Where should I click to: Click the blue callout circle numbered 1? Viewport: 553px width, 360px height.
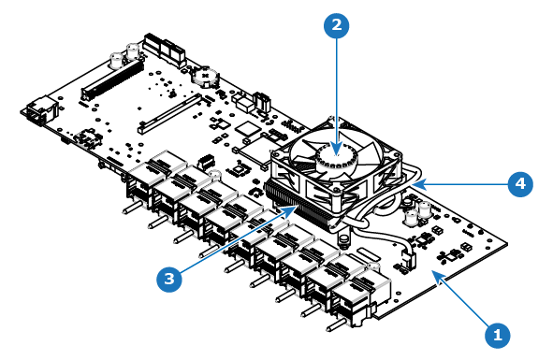click(497, 334)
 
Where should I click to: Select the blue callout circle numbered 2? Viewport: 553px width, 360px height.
click(337, 24)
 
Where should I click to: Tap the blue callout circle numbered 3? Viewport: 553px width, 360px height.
click(169, 279)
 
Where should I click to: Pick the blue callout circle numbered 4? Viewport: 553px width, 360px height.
click(520, 183)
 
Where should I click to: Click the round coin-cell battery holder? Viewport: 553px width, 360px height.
click(205, 77)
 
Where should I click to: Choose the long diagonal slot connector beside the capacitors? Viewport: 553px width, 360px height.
click(112, 79)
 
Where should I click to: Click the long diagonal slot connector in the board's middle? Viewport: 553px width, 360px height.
click(170, 113)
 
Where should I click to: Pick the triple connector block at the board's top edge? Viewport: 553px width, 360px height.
click(165, 49)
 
